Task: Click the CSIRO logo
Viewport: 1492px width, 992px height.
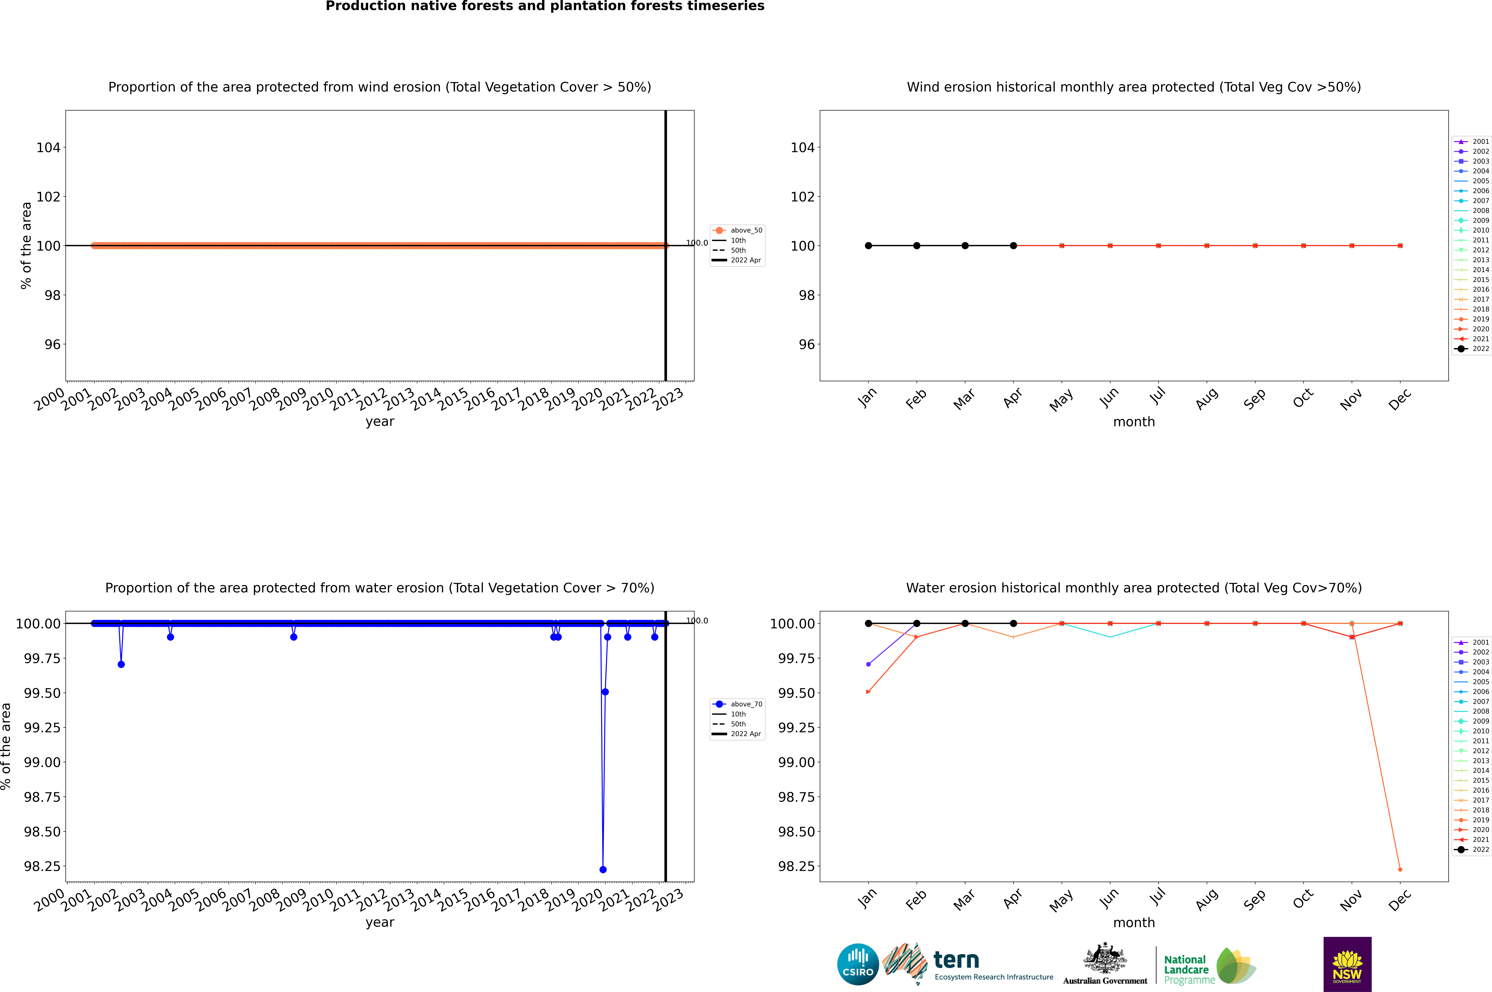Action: [x=858, y=964]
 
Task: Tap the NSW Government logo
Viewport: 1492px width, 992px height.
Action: [x=1347, y=964]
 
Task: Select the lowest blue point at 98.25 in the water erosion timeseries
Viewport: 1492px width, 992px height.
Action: [x=603, y=869]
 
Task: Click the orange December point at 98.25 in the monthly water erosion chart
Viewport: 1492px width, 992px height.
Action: [x=1400, y=869]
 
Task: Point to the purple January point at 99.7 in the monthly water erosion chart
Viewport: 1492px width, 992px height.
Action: [x=868, y=664]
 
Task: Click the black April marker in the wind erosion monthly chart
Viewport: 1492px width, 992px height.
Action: [x=1013, y=245]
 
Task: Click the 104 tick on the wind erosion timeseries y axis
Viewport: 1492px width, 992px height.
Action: [x=48, y=147]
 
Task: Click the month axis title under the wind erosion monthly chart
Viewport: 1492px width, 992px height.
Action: [x=1133, y=422]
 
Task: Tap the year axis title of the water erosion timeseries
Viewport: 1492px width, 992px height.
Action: [x=380, y=922]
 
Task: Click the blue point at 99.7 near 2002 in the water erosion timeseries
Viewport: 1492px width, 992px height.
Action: [x=121, y=664]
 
